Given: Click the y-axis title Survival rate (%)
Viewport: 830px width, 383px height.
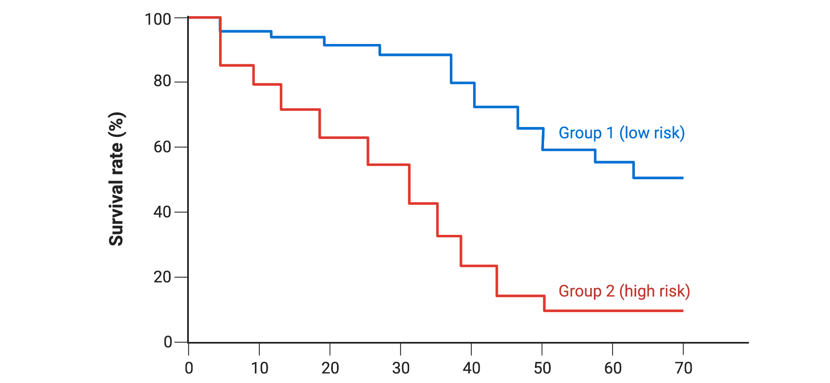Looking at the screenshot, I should point(116,179).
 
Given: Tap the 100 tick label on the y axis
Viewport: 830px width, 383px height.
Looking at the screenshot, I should point(158,19).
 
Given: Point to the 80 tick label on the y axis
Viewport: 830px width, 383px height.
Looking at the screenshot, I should point(162,81).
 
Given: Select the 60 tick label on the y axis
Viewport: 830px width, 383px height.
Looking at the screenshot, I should point(162,147).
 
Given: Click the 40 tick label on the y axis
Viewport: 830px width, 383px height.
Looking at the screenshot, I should point(162,212).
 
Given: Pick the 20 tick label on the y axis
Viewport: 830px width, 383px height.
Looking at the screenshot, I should point(162,277).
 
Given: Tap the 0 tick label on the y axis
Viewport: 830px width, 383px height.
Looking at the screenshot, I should point(168,342).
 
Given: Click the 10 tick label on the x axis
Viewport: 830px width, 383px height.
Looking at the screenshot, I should point(260,368).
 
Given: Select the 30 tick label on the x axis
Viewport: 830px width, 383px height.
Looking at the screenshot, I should point(401,368).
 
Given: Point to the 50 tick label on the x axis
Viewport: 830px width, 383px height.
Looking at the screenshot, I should point(542,368).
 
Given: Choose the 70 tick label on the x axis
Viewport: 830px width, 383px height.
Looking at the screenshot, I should point(684,368).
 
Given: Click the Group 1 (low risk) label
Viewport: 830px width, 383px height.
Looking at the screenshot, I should point(621,133).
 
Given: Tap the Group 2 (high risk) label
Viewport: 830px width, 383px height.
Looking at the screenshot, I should point(624,291).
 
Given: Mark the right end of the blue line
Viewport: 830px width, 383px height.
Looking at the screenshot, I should point(682,178).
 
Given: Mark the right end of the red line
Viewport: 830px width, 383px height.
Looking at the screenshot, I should point(682,311).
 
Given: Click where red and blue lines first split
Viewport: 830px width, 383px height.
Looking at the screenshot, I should point(220,31).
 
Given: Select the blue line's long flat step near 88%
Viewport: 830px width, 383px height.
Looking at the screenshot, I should point(415,55).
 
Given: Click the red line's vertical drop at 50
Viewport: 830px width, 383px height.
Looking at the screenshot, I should point(544,303).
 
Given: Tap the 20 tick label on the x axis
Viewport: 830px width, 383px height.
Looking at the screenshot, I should point(330,368).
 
